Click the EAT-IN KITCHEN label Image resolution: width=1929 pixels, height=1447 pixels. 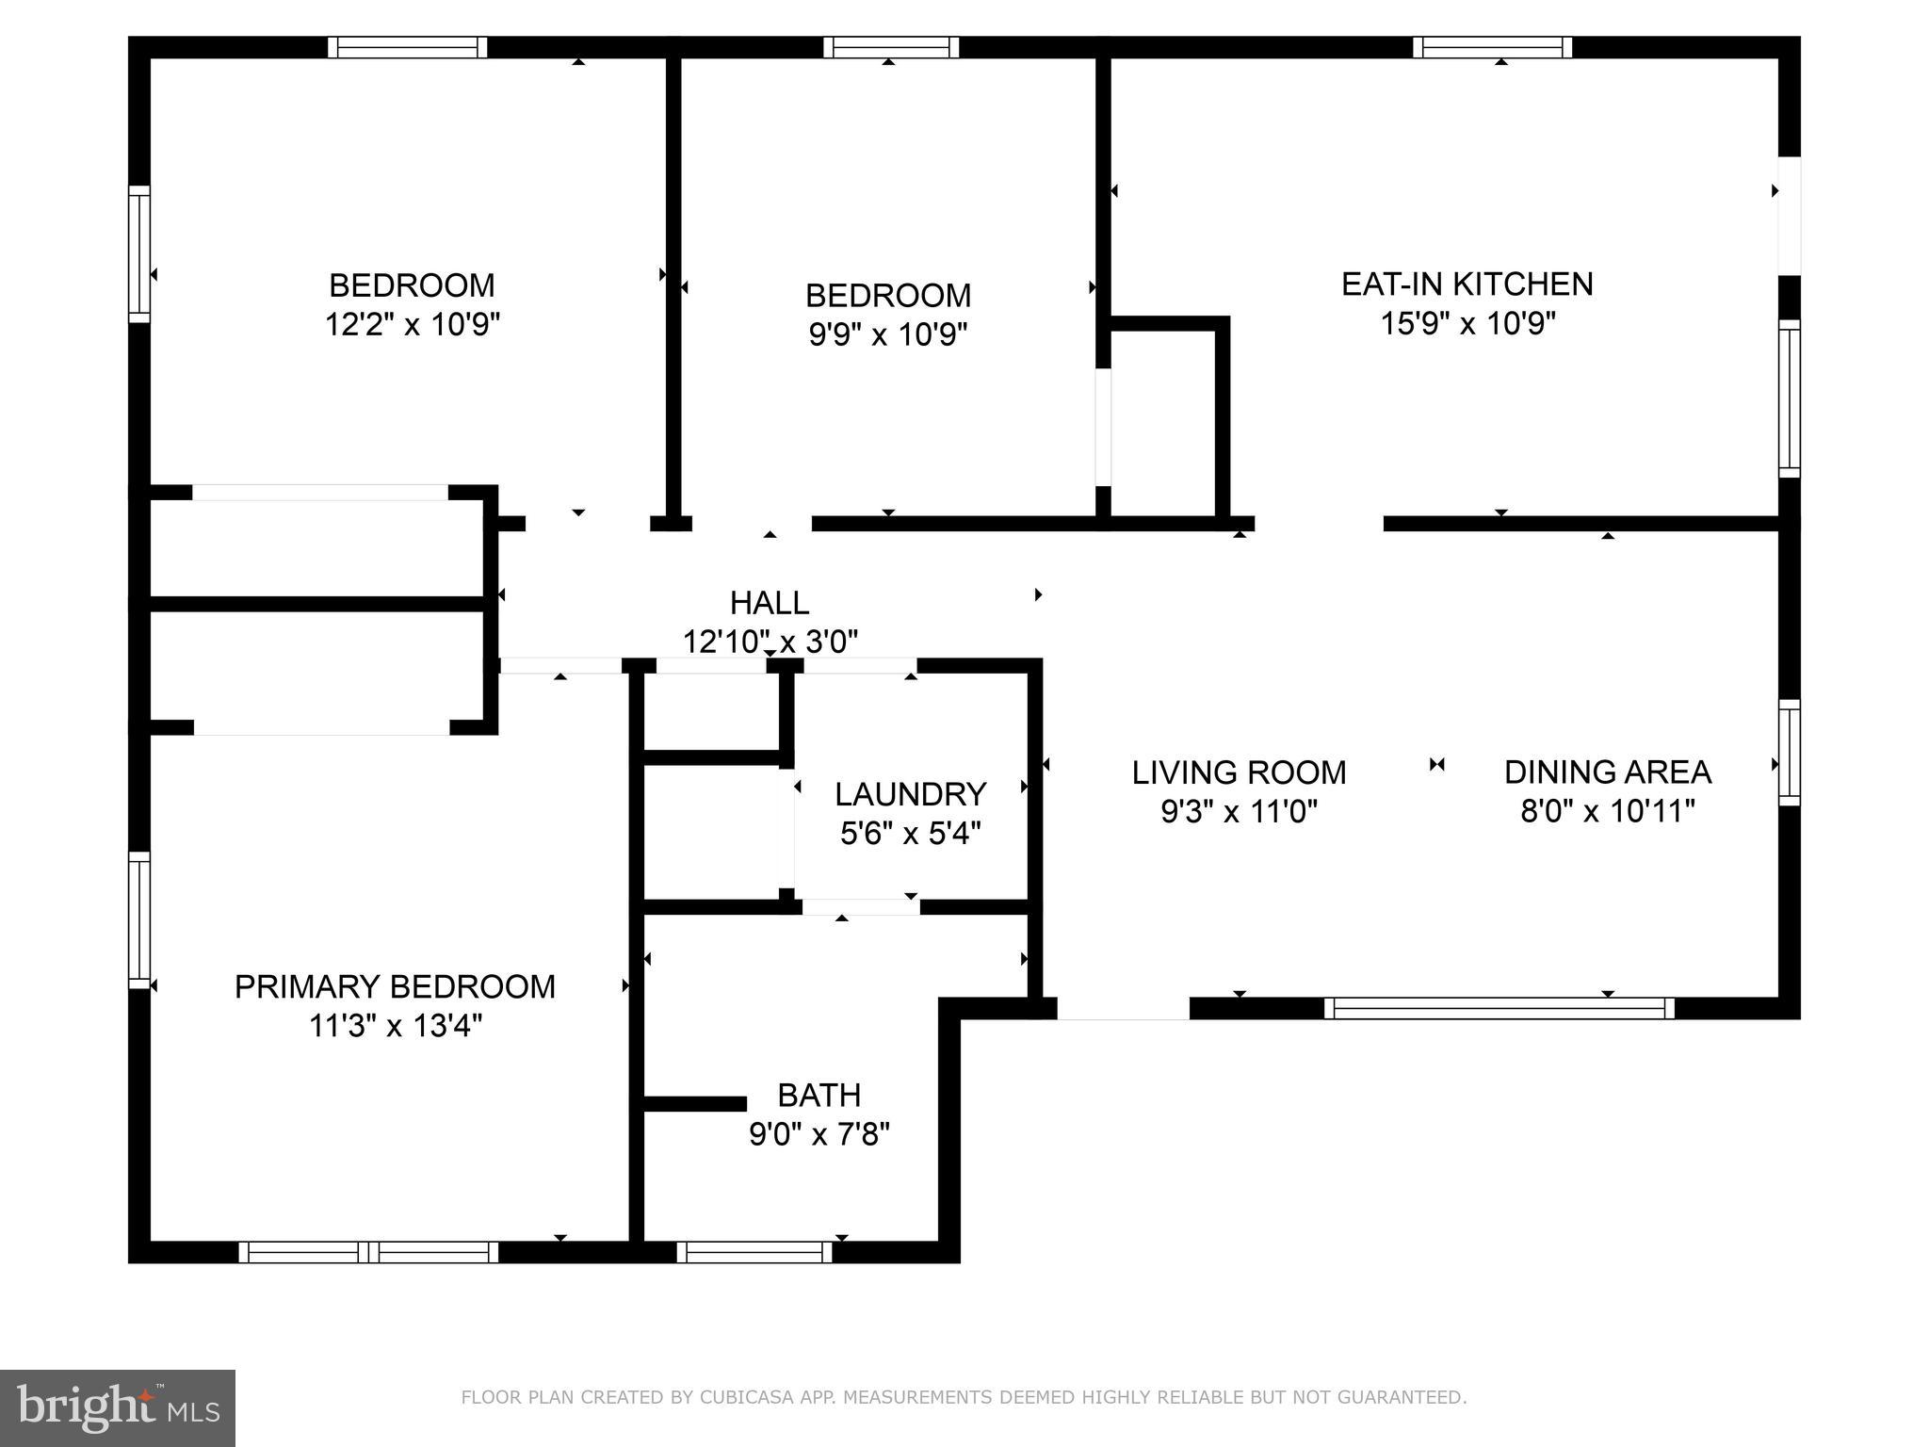[x=1467, y=284]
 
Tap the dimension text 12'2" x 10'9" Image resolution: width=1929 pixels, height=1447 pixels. [x=412, y=324]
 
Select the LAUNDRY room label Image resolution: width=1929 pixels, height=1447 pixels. [x=910, y=794]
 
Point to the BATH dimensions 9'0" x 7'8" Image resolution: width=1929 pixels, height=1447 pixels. [x=819, y=1134]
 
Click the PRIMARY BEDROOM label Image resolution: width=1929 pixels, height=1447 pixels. [x=395, y=986]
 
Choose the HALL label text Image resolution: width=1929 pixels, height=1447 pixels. [x=770, y=602]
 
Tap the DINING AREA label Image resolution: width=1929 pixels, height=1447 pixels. [x=1607, y=772]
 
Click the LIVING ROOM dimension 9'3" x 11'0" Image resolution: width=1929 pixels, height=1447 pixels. [x=1239, y=811]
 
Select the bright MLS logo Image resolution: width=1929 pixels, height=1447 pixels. [x=117, y=1407]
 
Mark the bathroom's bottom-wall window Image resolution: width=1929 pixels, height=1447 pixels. [x=754, y=1252]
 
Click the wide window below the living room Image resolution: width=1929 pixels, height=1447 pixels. [x=1499, y=1008]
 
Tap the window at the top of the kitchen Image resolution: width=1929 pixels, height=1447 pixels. [x=1492, y=47]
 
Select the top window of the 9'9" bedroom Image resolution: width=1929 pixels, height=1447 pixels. [x=890, y=47]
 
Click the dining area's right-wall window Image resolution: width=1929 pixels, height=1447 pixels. [x=1789, y=753]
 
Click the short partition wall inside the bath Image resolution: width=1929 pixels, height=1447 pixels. [x=694, y=1103]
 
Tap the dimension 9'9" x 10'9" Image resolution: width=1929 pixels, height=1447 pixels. [x=888, y=334]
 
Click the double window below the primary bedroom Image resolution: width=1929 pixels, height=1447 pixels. [x=368, y=1252]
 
